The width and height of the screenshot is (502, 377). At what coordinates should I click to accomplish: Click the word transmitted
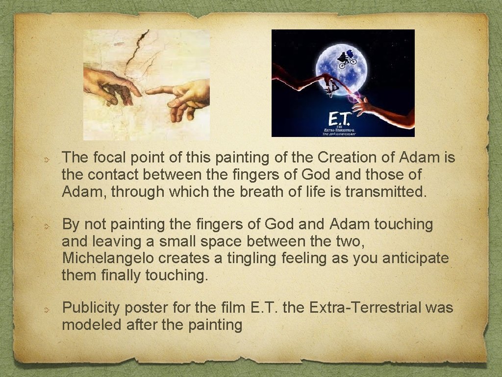[386, 191]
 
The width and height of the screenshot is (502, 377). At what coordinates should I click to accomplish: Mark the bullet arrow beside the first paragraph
[45, 160]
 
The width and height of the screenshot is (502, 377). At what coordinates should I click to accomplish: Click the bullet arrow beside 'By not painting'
[45, 227]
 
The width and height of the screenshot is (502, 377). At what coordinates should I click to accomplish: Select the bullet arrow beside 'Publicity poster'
[45, 310]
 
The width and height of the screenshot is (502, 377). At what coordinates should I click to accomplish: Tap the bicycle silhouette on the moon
[346, 60]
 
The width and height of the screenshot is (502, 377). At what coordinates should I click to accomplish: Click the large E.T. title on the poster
[339, 119]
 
